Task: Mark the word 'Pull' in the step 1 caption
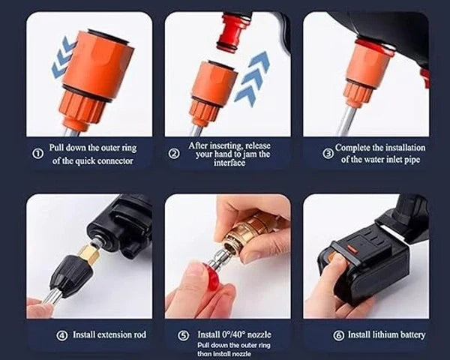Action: (x=59, y=148)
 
